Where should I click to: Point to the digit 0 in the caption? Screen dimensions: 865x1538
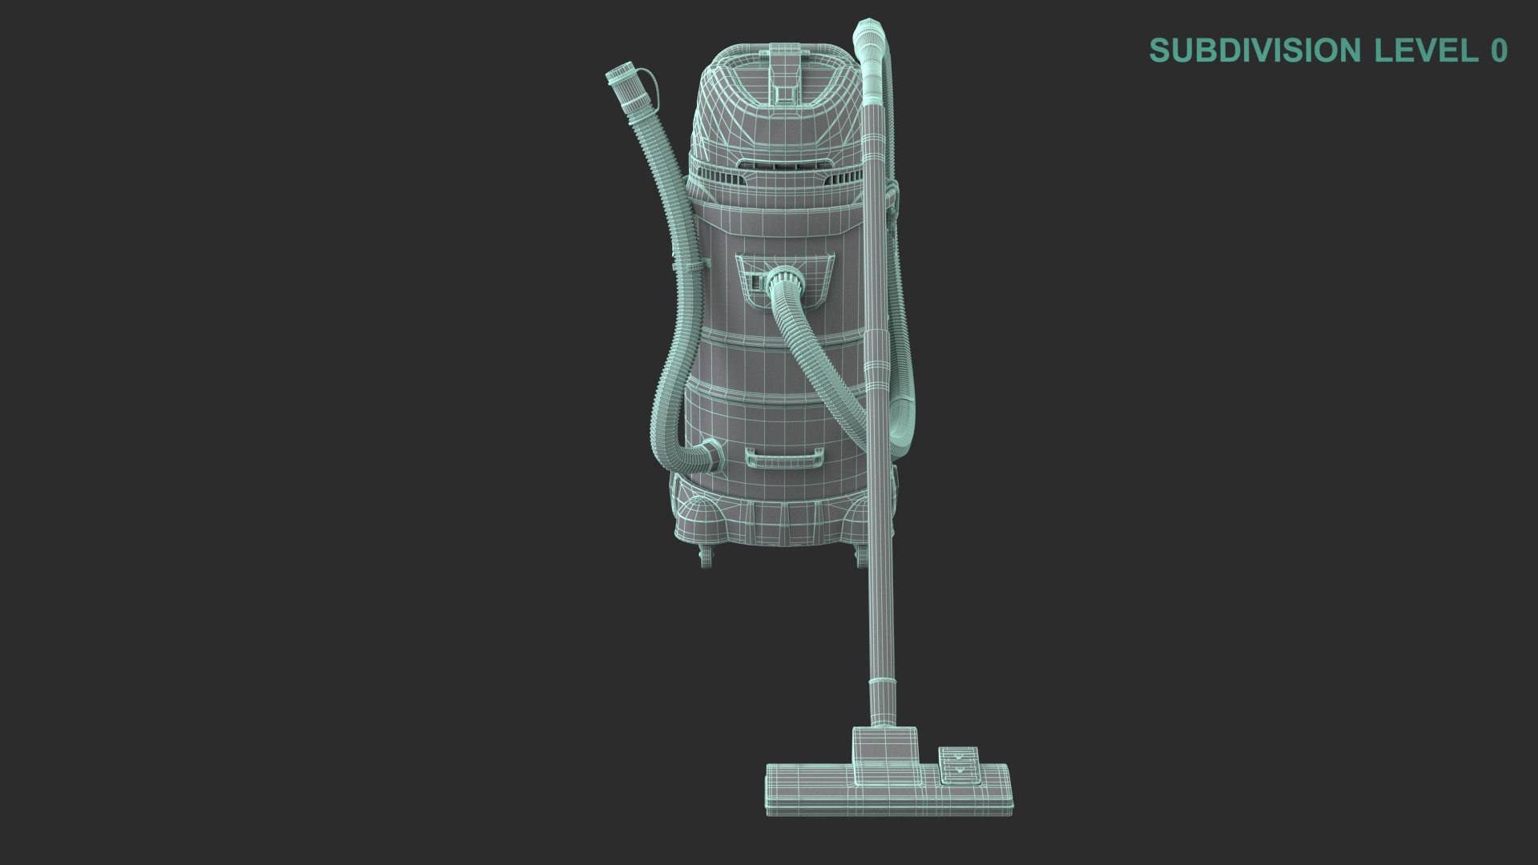(1499, 50)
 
